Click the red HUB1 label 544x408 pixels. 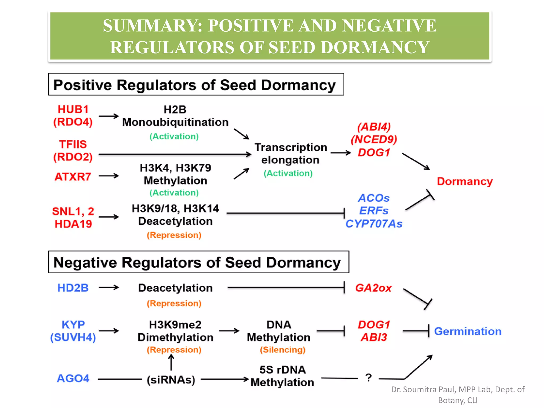(73, 109)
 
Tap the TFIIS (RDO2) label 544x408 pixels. (73, 151)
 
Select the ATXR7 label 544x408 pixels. (73, 177)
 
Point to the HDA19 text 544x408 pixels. (73, 224)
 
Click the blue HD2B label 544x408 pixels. (73, 288)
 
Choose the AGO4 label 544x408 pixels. (73, 379)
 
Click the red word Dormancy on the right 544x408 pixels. (465, 181)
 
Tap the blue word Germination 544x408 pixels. (467, 331)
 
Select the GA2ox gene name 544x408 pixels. (373, 288)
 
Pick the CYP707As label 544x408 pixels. (374, 224)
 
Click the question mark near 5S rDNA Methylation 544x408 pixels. (368, 378)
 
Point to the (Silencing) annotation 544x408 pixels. (283, 350)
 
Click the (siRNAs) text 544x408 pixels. (171, 380)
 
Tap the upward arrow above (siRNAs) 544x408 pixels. (171, 363)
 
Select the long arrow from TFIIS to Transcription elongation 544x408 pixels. (175, 154)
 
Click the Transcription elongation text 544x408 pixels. (291, 154)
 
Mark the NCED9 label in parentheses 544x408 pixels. (374, 139)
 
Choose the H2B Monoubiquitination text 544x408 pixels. (175, 116)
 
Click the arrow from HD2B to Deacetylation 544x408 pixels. (108, 288)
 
